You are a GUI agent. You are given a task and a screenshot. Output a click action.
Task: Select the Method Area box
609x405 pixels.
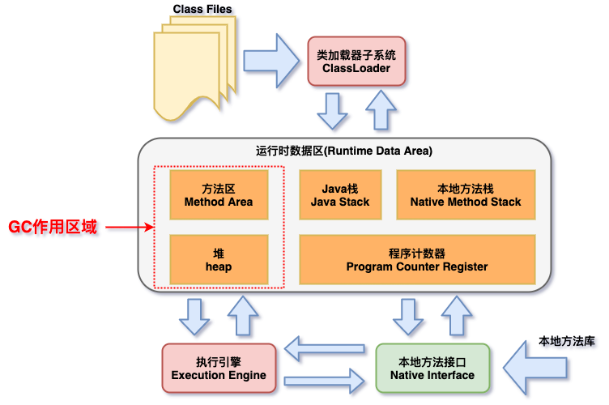(218, 194)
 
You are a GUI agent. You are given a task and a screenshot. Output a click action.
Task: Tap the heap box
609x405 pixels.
(218, 259)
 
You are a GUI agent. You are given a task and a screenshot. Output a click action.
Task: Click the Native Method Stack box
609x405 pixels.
(466, 194)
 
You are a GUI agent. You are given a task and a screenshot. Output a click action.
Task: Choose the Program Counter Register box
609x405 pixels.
(417, 259)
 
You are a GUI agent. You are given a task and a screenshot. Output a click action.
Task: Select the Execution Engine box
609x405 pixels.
(219, 369)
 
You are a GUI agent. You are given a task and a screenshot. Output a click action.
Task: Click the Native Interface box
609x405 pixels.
(432, 369)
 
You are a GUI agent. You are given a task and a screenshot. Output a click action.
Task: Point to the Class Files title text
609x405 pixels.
(202, 10)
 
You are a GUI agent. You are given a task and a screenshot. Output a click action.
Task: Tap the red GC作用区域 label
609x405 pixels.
(53, 228)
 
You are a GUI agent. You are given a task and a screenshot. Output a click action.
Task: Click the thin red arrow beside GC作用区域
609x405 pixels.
(130, 228)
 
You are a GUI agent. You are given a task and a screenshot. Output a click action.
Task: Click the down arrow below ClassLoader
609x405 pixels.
(333, 111)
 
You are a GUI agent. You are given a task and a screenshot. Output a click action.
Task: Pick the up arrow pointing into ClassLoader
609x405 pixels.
(381, 109)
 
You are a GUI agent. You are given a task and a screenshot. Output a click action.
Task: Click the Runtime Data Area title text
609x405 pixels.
(344, 151)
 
